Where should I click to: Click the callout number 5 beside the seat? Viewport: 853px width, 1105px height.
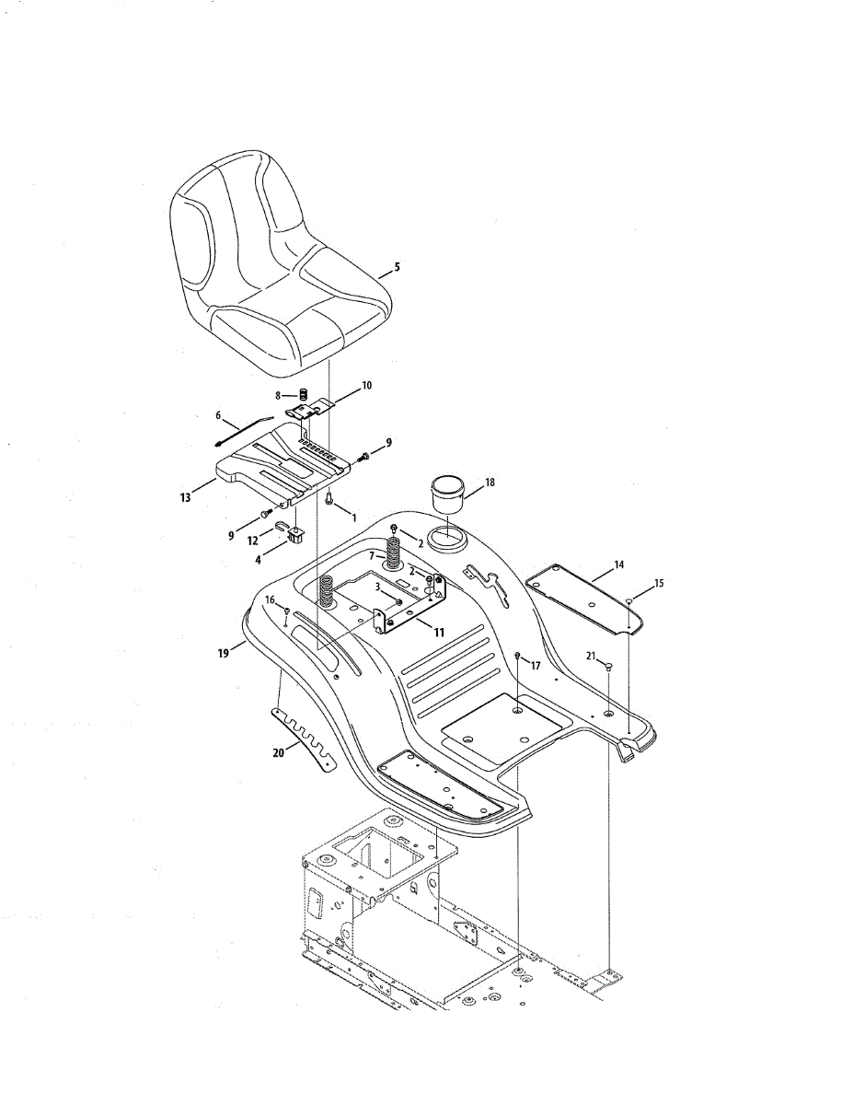pyautogui.click(x=398, y=267)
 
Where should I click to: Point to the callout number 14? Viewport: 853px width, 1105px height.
pyautogui.click(x=618, y=563)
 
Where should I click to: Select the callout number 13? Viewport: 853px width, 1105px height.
pyautogui.click(x=186, y=497)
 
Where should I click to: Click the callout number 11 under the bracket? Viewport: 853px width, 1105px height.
pyautogui.click(x=439, y=634)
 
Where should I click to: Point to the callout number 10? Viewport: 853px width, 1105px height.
pyautogui.click(x=367, y=386)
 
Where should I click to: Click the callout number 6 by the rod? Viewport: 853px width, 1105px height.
pyautogui.click(x=219, y=415)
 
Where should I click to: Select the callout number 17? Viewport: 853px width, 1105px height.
pyautogui.click(x=536, y=665)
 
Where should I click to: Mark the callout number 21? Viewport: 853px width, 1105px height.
pyautogui.click(x=590, y=655)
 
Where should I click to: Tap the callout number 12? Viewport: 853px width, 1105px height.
pyautogui.click(x=253, y=542)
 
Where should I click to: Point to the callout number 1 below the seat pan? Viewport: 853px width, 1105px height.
pyautogui.click(x=353, y=519)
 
